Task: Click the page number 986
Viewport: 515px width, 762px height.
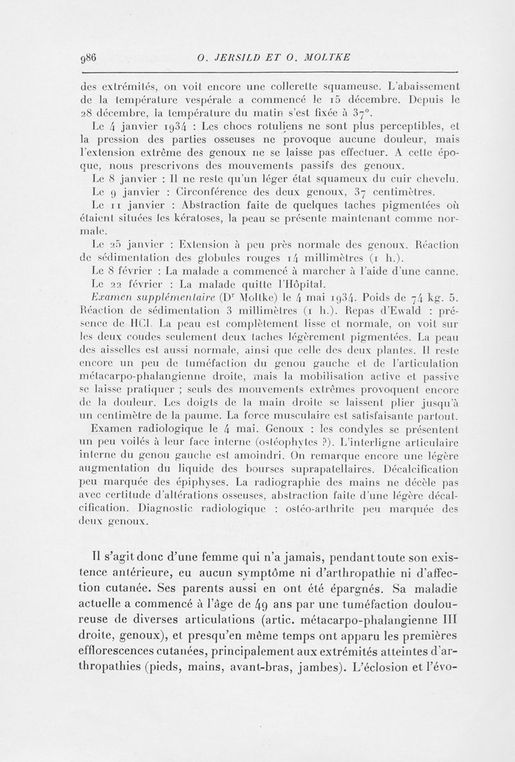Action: (86, 57)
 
